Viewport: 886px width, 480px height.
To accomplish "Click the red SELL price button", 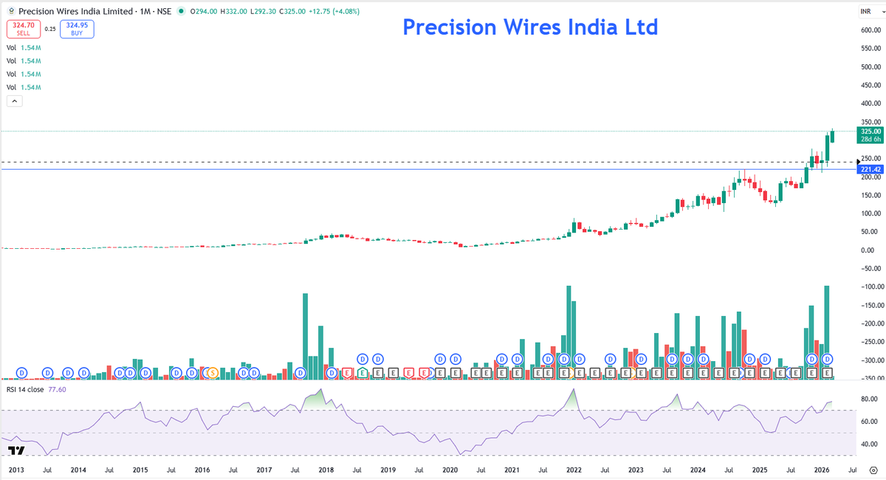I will tap(24, 29).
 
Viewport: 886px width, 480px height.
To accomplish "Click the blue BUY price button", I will tap(77, 29).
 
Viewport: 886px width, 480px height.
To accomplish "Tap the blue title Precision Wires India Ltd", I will tap(529, 27).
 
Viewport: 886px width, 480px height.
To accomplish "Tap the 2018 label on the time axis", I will tap(326, 470).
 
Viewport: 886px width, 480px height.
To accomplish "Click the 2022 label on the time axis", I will tap(573, 470).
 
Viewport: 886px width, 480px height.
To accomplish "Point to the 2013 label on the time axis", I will tap(16, 470).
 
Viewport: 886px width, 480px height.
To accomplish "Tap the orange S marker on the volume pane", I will tap(212, 373).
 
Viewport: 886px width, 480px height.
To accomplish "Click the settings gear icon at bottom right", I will tap(873, 470).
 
